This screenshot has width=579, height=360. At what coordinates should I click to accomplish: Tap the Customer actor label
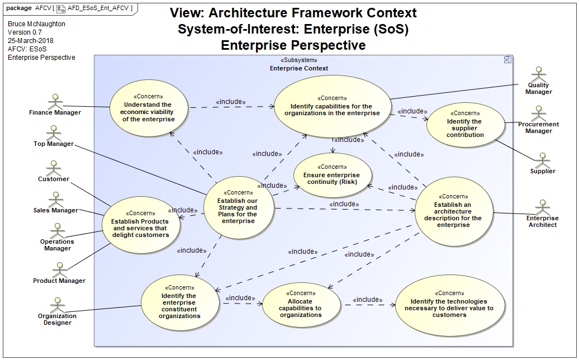[x=54, y=179]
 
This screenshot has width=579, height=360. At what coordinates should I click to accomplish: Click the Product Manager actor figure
[x=59, y=269]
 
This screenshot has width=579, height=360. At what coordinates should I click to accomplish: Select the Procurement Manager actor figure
[x=539, y=113]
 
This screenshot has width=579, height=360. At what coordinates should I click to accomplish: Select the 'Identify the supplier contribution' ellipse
[x=465, y=125]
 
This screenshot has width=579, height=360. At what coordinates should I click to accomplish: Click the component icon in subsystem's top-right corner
[x=507, y=60]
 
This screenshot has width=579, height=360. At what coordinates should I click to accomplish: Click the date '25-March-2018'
[x=31, y=41]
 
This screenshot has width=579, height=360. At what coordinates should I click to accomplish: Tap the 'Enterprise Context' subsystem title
[x=298, y=68]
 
